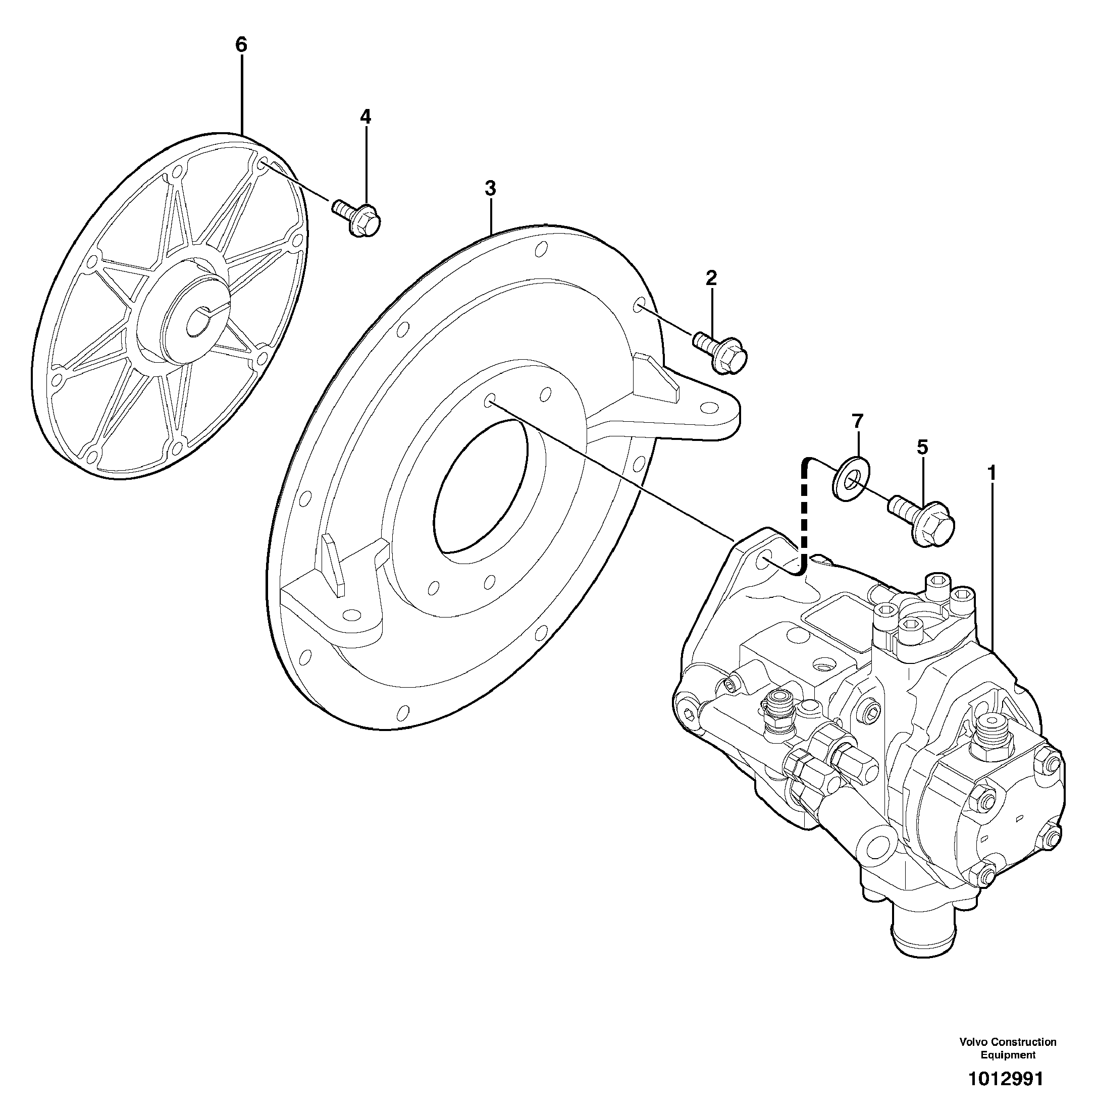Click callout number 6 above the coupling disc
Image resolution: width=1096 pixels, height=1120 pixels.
(241, 44)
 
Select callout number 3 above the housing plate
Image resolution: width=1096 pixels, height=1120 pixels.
(490, 188)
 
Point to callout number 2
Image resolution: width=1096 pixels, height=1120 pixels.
(711, 278)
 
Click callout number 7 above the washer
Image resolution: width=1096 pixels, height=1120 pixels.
(858, 421)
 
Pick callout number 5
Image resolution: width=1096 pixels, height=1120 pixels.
(922, 447)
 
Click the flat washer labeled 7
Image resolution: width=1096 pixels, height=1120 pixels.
(850, 478)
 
